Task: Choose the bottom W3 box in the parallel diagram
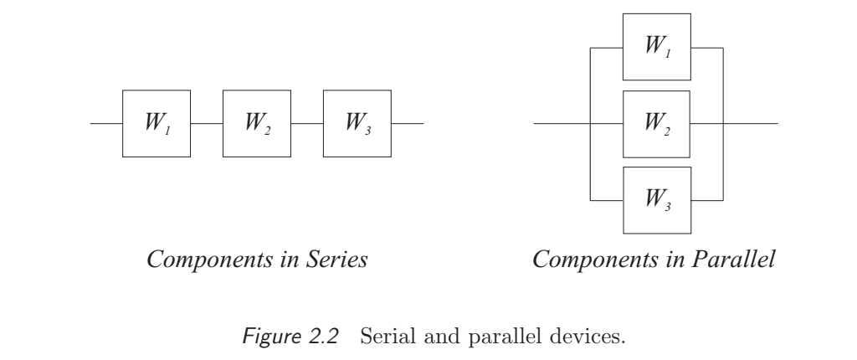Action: pyautogui.click(x=658, y=200)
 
